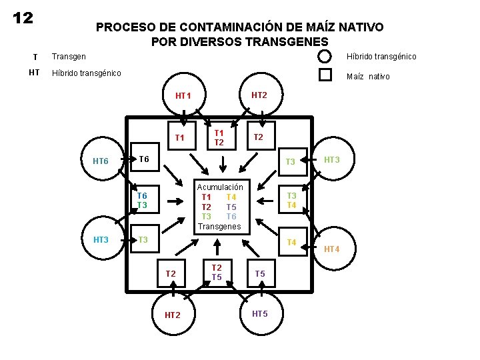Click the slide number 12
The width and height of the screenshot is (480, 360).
(23, 18)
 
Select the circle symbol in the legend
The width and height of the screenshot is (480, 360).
(324, 57)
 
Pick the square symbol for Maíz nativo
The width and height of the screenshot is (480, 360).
(325, 75)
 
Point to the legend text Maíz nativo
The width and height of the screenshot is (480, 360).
(368, 77)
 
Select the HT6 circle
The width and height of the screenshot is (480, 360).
(101, 161)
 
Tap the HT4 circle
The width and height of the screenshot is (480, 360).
(331, 249)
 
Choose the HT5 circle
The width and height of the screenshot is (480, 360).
(260, 313)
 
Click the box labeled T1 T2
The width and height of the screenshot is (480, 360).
(219, 138)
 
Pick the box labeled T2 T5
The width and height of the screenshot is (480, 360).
(217, 272)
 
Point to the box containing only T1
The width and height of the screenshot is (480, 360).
(179, 138)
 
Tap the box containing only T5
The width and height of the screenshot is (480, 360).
(260, 273)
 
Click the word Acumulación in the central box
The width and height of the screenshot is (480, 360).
(220, 187)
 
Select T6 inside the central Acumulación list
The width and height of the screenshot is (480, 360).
(231, 217)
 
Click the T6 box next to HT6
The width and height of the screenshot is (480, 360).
(143, 159)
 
